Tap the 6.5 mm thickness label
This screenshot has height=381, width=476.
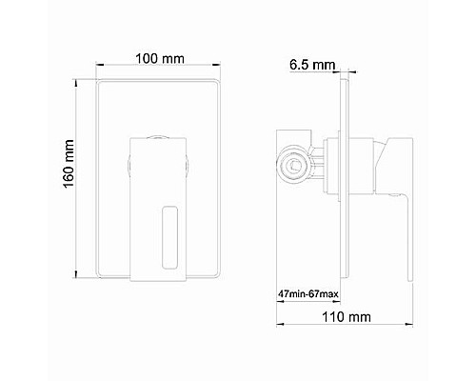[x=310, y=65]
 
